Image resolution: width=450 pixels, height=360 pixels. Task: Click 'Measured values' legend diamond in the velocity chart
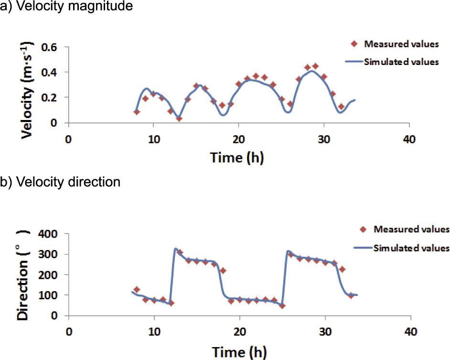click(x=354, y=44)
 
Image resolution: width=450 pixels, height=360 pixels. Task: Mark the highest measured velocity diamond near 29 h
click(x=315, y=66)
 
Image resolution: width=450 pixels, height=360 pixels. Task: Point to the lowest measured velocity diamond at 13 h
click(x=179, y=119)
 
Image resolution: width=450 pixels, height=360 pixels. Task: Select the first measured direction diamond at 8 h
click(x=137, y=289)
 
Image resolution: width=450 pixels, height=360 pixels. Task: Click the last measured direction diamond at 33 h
click(x=351, y=295)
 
